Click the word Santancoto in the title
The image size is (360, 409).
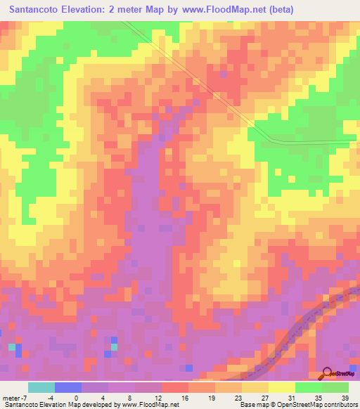37,10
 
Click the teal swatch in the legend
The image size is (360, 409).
41,387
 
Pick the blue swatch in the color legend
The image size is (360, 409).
68,387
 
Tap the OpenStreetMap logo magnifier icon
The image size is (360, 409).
328,374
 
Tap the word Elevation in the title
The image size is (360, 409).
92,10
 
